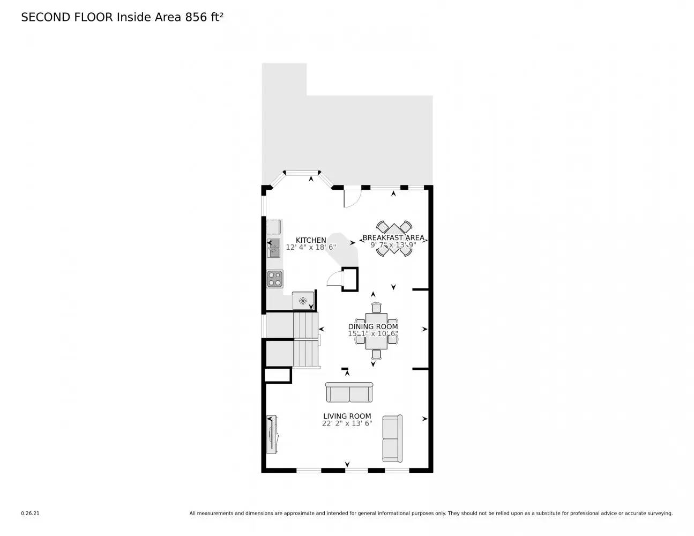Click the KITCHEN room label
click(x=311, y=240)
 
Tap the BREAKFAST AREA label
click(x=393, y=237)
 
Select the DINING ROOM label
click(x=373, y=326)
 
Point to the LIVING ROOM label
click(x=347, y=416)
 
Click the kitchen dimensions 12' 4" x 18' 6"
click(x=311, y=248)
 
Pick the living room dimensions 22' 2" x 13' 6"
click(x=347, y=423)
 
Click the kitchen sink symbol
click(x=274, y=248)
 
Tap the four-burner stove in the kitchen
click(x=275, y=279)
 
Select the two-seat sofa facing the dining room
click(x=349, y=392)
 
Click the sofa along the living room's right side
click(x=392, y=438)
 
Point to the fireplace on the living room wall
click(x=272, y=434)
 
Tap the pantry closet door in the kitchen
click(x=334, y=279)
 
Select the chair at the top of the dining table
click(x=376, y=307)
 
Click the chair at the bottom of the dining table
click(x=376, y=354)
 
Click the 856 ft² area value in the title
click(x=204, y=17)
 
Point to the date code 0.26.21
click(x=30, y=513)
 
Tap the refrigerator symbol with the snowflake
click(x=303, y=301)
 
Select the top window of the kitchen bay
click(x=301, y=173)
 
